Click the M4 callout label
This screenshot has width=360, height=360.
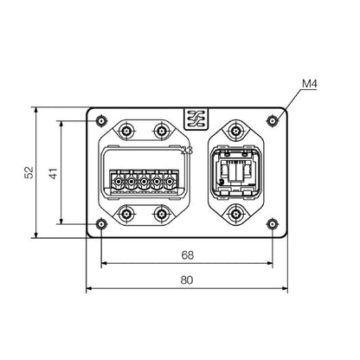pyautogui.click(x=309, y=84)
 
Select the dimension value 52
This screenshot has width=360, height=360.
pyautogui.click(x=29, y=173)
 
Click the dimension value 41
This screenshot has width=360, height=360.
pyautogui.click(x=54, y=173)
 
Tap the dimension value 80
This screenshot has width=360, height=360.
pyautogui.click(x=187, y=280)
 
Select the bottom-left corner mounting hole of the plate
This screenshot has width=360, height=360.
pyautogui.click(x=101, y=225)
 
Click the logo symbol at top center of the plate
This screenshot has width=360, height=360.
pyautogui.click(x=192, y=119)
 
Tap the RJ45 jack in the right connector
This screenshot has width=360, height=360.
pyautogui.click(x=235, y=174)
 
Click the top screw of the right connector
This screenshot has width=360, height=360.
pyautogui.click(x=235, y=131)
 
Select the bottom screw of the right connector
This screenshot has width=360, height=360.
pyautogui.click(x=235, y=214)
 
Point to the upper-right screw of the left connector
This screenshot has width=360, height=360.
pyautogui.click(x=160, y=131)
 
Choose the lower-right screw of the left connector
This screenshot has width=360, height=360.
pyautogui.click(x=160, y=214)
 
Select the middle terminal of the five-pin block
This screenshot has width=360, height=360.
pyautogui.click(x=145, y=183)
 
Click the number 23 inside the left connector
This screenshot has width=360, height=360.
pyautogui.click(x=186, y=152)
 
